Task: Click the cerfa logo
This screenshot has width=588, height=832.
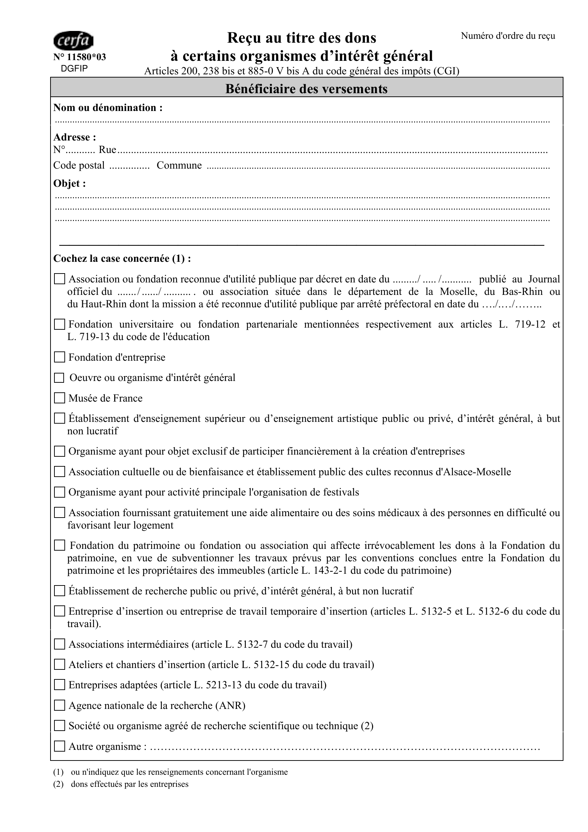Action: point(73,41)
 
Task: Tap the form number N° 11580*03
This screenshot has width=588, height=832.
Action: point(80,57)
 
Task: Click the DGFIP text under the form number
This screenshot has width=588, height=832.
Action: point(74,69)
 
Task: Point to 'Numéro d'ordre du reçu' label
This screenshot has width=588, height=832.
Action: point(508,36)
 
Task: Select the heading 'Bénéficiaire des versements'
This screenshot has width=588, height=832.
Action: point(306,89)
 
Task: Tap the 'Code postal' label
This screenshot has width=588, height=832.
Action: point(79,165)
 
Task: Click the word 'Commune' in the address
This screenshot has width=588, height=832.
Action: point(179,165)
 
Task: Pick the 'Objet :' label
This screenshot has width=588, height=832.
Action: point(70,183)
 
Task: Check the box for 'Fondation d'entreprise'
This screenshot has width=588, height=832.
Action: point(59,357)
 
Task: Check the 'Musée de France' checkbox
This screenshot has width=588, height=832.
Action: point(59,398)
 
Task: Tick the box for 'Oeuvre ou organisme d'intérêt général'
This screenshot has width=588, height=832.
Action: point(59,378)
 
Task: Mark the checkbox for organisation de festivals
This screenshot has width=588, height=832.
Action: point(59,492)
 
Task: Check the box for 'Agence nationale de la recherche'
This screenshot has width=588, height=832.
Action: point(59,705)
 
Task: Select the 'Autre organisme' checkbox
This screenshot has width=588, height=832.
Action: point(59,747)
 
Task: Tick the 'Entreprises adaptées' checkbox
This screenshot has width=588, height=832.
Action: point(59,685)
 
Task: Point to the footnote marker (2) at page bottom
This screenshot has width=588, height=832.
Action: point(58,784)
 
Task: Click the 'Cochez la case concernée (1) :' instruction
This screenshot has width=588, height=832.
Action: point(122,258)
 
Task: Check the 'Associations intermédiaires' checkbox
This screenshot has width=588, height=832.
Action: point(59,644)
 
